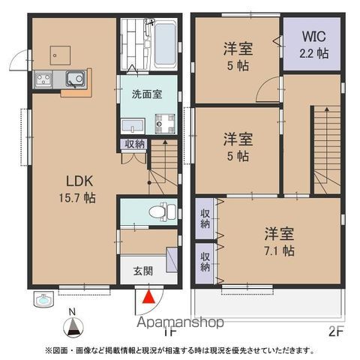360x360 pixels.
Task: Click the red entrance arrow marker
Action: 149,298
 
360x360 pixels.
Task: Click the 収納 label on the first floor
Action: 136,144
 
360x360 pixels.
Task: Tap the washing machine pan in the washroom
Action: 163,124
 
